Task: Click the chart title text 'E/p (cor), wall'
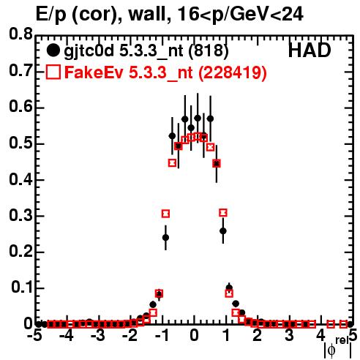[100, 15]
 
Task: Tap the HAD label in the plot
[310, 50]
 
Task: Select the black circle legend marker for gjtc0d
[53, 50]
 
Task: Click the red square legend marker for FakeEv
[53, 72]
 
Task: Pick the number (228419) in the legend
[232, 73]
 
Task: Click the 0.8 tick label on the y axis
[20, 34]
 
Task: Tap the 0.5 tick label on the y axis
[20, 143]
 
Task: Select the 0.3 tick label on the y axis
[20, 216]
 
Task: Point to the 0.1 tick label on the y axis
[22, 288]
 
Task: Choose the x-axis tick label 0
[194, 336]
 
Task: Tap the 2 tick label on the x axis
[257, 336]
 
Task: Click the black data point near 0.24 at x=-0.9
[165, 237]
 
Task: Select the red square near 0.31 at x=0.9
[223, 213]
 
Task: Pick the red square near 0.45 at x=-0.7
[172, 163]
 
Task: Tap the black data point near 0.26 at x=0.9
[223, 230]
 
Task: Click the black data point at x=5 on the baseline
[350, 324]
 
